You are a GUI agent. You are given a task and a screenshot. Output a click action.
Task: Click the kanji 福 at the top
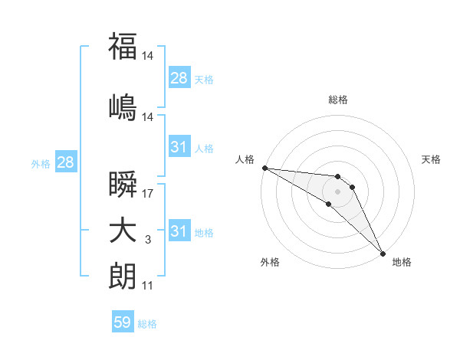tap(123, 46)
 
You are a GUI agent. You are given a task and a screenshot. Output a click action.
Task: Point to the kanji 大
tap(123, 231)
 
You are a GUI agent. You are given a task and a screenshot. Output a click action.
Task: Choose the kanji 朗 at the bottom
tap(123, 277)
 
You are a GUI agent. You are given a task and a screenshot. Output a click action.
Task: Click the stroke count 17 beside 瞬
tap(148, 193)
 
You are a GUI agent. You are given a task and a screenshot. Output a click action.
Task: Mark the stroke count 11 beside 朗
tap(148, 286)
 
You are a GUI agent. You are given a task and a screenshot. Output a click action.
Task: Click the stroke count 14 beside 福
tap(148, 56)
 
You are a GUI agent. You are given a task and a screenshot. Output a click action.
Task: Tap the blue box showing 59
tap(123, 322)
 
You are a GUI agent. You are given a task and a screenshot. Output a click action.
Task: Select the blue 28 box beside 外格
tap(65, 162)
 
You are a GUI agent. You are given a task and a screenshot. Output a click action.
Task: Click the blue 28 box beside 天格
tap(179, 77)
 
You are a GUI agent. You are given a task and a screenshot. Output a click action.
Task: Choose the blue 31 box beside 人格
tap(179, 147)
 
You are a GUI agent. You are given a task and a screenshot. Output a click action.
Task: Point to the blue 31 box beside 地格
tap(179, 231)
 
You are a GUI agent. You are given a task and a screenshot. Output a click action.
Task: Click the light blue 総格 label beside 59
tap(147, 324)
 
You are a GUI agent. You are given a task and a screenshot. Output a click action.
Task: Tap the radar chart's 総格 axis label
tap(338, 100)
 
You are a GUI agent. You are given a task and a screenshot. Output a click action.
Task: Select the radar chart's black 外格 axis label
tap(270, 263)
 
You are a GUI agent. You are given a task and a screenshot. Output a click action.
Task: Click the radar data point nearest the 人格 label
tap(264, 168)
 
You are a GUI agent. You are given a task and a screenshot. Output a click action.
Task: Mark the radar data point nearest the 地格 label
tap(382, 252)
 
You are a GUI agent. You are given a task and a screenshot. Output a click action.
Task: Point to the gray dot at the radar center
tap(337, 191)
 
